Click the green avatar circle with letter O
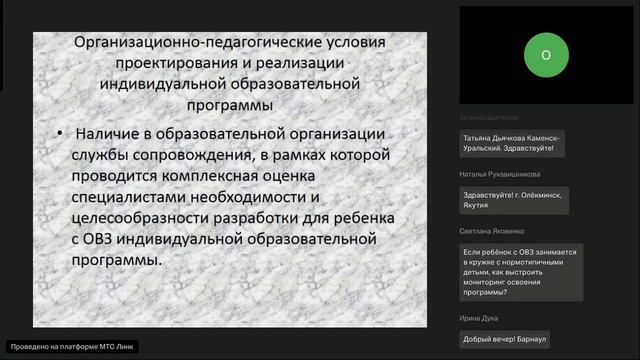545,56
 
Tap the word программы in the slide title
236,104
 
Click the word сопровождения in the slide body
180,154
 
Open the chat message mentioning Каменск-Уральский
510,143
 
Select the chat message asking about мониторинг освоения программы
519,273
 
